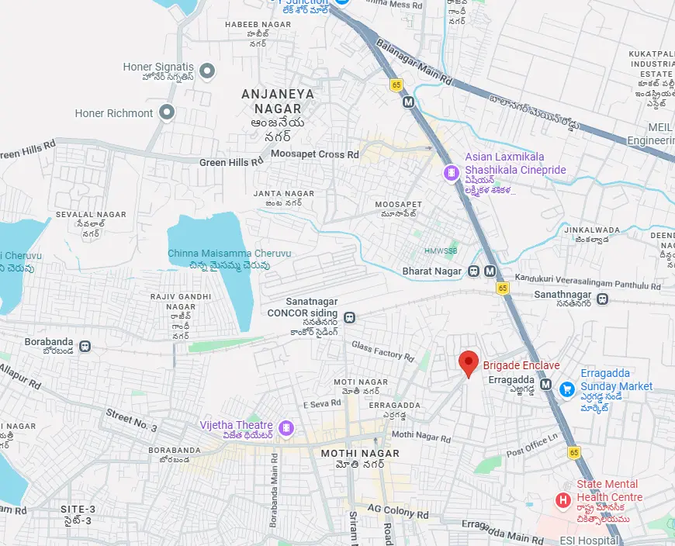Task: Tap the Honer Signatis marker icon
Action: [207, 72]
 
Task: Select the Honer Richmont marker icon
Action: [166, 113]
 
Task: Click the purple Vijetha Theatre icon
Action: [286, 427]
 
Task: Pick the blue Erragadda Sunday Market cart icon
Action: [567, 388]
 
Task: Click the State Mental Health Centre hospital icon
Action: [563, 500]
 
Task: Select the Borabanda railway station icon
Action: [85, 347]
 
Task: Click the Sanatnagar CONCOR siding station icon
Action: [351, 317]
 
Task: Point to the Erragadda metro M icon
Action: [546, 385]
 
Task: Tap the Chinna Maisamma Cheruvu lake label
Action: [230, 254]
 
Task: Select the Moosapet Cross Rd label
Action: [315, 154]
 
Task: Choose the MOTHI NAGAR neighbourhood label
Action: [360, 453]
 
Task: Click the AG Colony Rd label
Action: [397, 513]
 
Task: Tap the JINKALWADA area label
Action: [592, 230]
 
